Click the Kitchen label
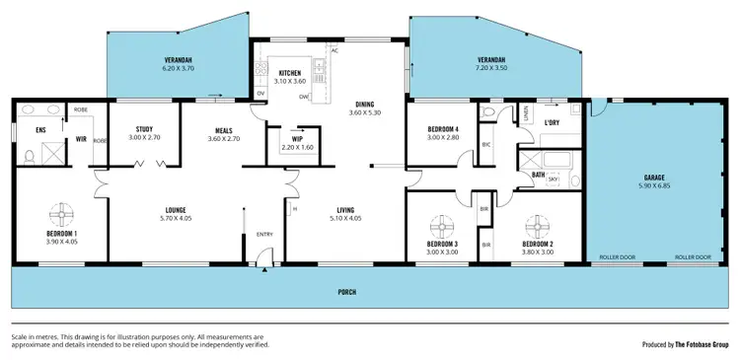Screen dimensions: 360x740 pyautogui.click(x=289, y=73)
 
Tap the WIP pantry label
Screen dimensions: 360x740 pyautogui.click(x=296, y=140)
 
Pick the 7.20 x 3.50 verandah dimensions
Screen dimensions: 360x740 pyautogui.click(x=490, y=67)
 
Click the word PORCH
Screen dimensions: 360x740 pyautogui.click(x=345, y=292)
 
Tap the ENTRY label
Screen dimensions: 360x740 pyautogui.click(x=264, y=234)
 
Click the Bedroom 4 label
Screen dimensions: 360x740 pyautogui.click(x=443, y=129)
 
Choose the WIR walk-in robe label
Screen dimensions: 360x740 pyautogui.click(x=82, y=140)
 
